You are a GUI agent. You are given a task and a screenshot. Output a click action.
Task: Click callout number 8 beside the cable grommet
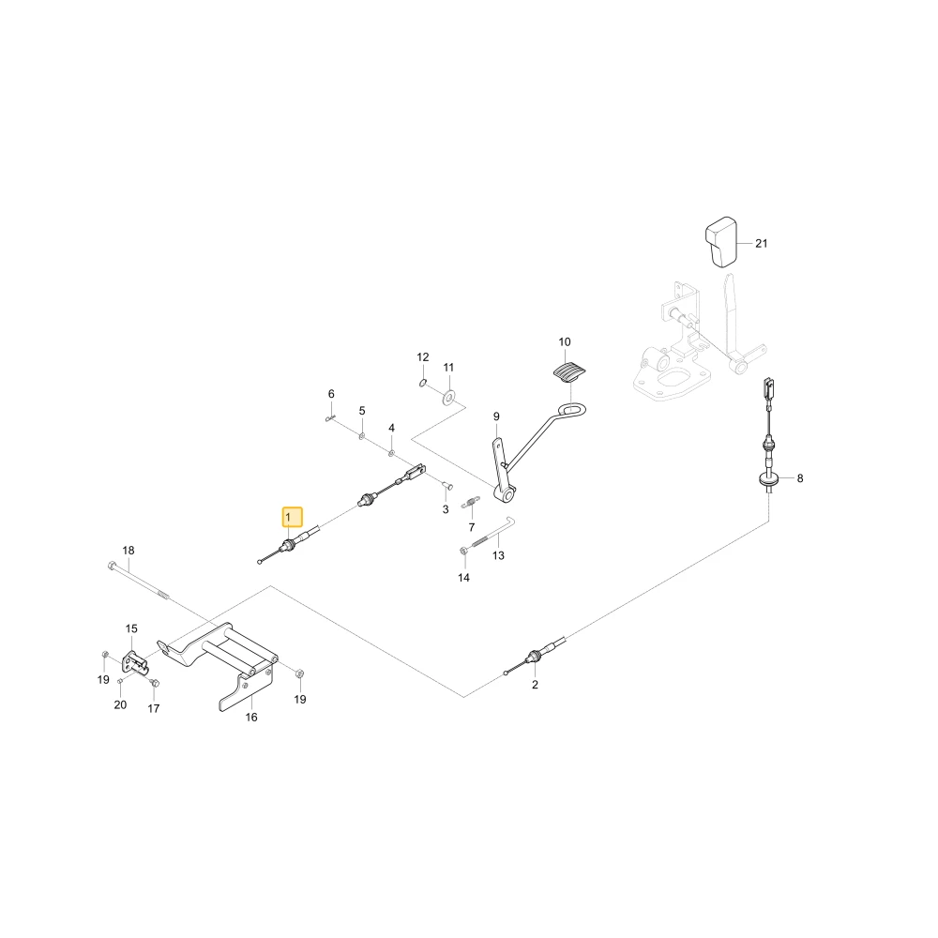[800, 478]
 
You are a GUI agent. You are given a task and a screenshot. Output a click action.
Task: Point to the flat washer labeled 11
[447, 396]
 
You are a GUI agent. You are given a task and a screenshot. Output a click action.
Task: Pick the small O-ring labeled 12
[422, 383]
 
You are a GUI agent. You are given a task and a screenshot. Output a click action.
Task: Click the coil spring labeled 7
[471, 503]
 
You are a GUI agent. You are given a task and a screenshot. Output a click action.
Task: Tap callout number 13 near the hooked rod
[498, 555]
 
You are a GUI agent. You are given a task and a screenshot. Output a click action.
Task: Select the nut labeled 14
[463, 550]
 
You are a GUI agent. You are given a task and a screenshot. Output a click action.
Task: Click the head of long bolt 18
[112, 565]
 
